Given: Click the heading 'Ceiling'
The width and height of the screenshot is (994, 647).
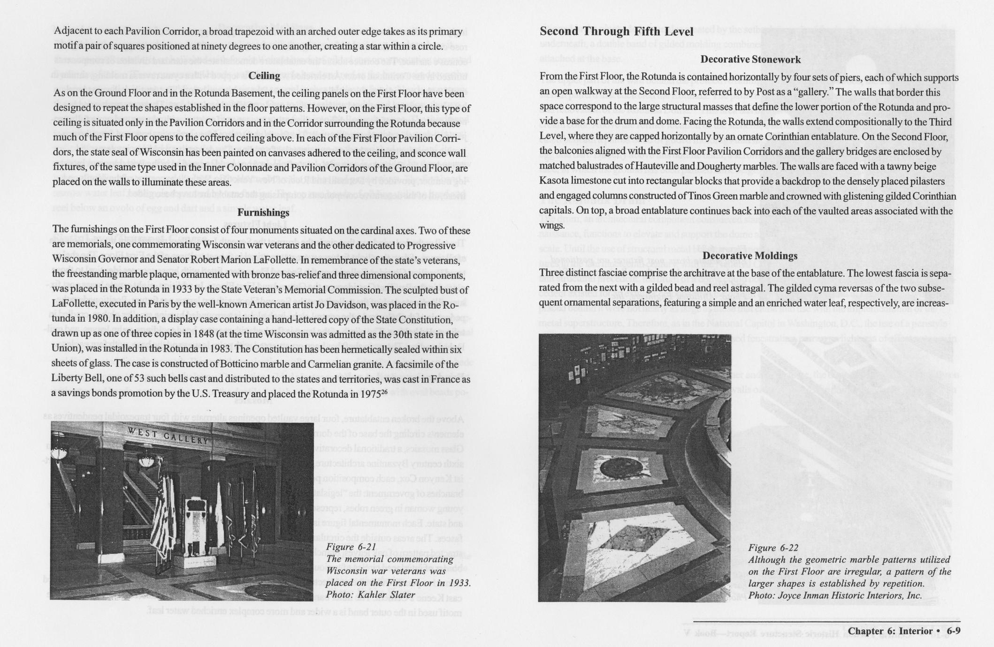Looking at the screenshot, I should click(264, 76).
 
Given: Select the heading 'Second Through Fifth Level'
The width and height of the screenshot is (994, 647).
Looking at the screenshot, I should click(616, 31).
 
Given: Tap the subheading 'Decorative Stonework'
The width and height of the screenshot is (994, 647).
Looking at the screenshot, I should click(750, 60).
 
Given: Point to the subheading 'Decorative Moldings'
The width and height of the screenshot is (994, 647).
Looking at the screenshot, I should click(750, 256).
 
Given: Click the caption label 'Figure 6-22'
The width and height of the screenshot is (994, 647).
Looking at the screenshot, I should click(773, 548).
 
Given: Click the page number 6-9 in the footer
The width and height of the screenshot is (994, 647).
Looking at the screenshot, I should click(953, 631).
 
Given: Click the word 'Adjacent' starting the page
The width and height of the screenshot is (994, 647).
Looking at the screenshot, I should click(72, 31).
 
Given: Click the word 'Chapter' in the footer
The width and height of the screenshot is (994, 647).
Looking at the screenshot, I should click(867, 631).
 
